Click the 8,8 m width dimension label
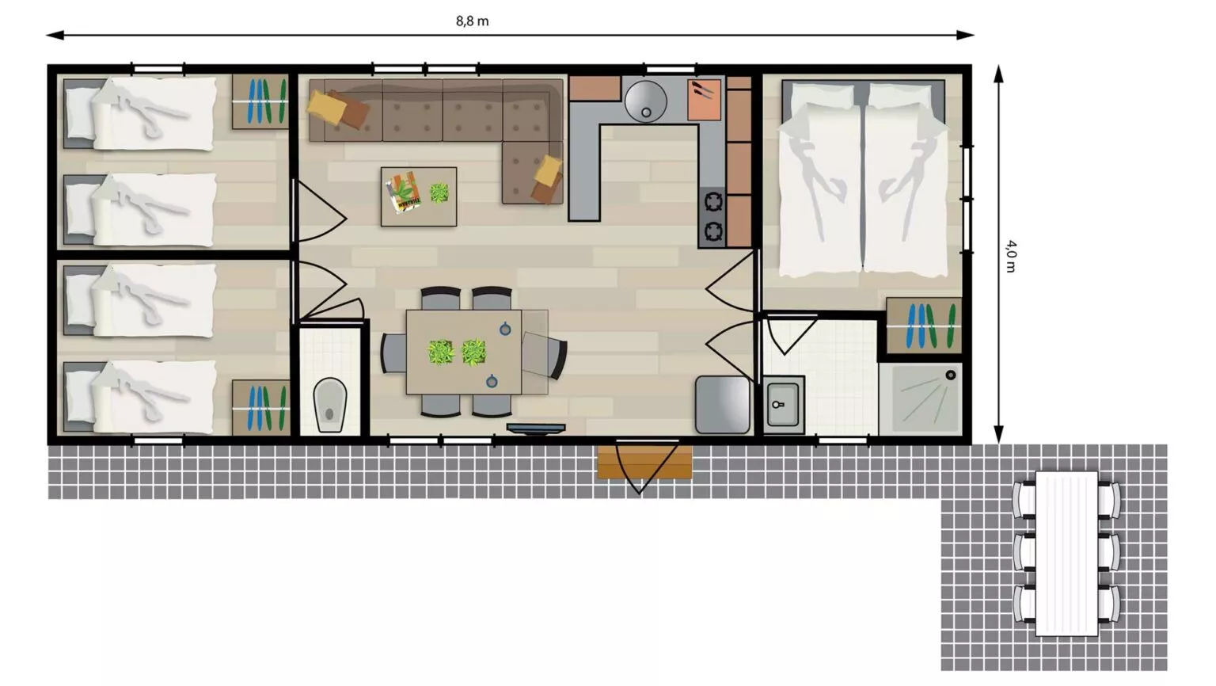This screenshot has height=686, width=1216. [472, 21]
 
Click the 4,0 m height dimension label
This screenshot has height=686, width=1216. [1010, 256]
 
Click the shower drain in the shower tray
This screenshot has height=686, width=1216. [951, 375]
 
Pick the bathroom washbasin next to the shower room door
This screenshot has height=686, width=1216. [783, 405]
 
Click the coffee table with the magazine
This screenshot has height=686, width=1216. [419, 196]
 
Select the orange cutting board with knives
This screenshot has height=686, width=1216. [704, 100]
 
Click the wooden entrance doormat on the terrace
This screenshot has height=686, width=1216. [644, 463]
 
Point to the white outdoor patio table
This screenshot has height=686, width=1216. [1066, 553]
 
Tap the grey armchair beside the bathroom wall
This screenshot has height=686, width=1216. [723, 405]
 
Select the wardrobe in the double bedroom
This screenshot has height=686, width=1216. [923, 326]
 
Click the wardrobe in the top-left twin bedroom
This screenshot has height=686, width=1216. [260, 101]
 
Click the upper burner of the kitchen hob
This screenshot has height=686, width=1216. [712, 202]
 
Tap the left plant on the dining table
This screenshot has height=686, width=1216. [440, 353]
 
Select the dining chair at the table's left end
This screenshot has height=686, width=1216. [393, 353]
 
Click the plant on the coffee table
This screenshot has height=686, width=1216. [439, 193]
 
